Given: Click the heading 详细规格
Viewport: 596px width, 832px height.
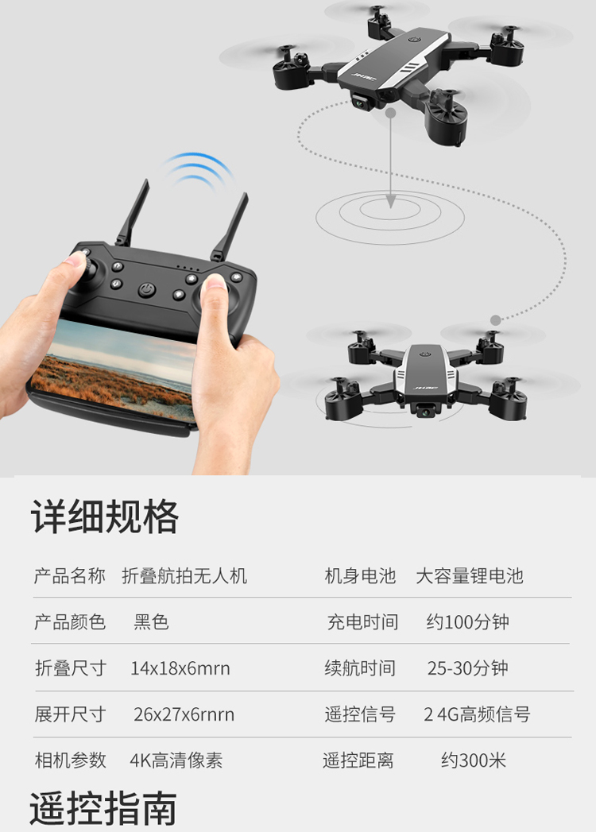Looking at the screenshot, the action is (x=105, y=517).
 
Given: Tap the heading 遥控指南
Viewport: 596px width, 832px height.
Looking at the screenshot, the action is (x=103, y=808).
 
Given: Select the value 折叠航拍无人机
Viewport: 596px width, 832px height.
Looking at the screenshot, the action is (x=184, y=575).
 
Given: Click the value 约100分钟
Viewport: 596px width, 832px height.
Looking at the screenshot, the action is (x=467, y=622).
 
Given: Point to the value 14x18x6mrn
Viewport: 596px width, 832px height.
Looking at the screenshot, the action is (x=180, y=668).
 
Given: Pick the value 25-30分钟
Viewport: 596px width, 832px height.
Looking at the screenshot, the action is (x=467, y=668).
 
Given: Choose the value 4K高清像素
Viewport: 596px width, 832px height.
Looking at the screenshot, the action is (x=176, y=760).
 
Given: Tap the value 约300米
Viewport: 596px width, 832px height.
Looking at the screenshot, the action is (x=474, y=760).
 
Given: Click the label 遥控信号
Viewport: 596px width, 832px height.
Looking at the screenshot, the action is (x=360, y=714).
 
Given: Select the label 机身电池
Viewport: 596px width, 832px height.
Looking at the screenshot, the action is (x=360, y=575).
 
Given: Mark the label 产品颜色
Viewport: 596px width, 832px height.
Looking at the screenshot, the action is (x=70, y=622).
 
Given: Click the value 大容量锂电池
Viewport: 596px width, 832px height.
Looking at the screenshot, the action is (x=470, y=575).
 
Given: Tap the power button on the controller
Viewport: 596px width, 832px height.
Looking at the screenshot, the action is (x=147, y=290).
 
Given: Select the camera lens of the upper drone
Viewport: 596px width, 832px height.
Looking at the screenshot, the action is (x=360, y=103).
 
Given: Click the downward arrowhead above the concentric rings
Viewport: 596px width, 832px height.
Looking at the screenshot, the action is (x=391, y=202).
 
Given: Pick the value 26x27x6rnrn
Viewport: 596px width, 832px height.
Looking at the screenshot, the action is (x=184, y=714).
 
